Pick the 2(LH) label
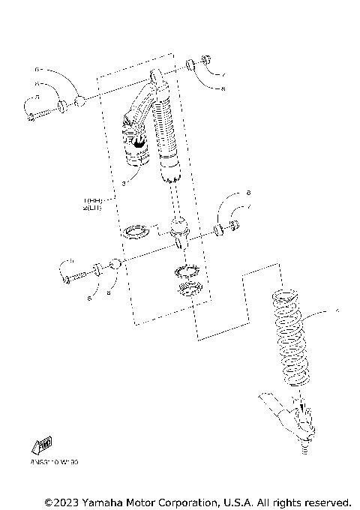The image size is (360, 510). coord(94,209)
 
